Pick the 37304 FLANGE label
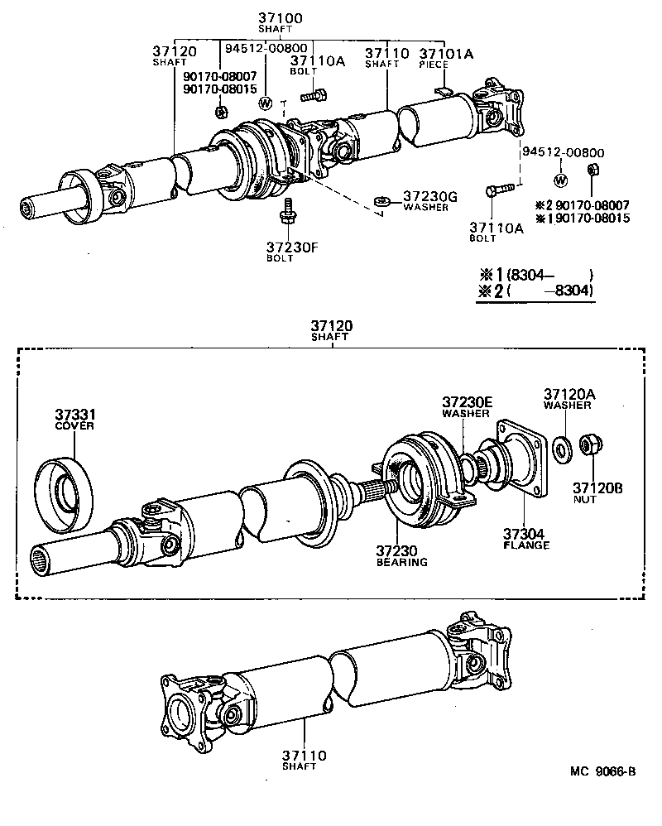coord(526,539)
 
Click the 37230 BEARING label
coord(402,555)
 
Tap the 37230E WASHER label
coord(467,406)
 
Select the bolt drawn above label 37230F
coord(288,211)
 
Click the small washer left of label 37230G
coord(381,200)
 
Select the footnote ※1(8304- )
coord(536,275)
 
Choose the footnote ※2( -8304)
coord(536,291)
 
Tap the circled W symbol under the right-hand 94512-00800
coord(560,181)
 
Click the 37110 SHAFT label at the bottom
coord(302,760)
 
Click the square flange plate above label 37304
coord(520,461)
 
